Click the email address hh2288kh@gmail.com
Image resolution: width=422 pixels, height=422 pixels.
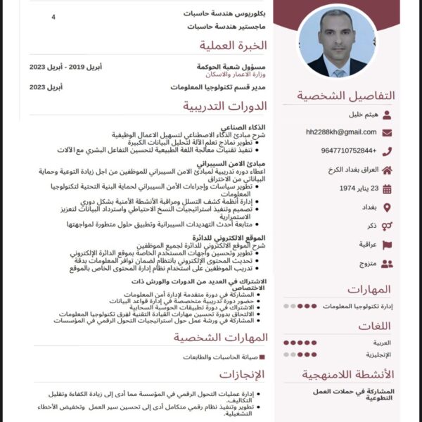pyautogui.click(x=341, y=132)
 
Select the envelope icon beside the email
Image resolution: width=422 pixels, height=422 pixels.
pyautogui.click(x=388, y=132)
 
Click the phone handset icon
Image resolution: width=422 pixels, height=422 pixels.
pyautogui.click(x=388, y=151)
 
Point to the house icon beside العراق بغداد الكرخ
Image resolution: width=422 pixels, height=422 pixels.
pyautogui.click(x=388, y=170)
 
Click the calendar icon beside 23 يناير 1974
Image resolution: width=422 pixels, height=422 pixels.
pyautogui.click(x=388, y=188)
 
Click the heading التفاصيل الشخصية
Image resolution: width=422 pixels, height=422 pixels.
pyautogui.click(x=345, y=96)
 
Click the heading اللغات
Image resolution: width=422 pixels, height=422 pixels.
pyautogui.click(x=374, y=326)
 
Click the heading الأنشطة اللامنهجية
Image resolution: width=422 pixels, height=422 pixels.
pyautogui.click(x=348, y=374)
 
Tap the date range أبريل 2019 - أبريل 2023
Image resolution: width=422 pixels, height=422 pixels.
pyautogui.click(x=65, y=67)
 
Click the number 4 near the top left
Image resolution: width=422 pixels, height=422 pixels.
pyautogui.click(x=53, y=15)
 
